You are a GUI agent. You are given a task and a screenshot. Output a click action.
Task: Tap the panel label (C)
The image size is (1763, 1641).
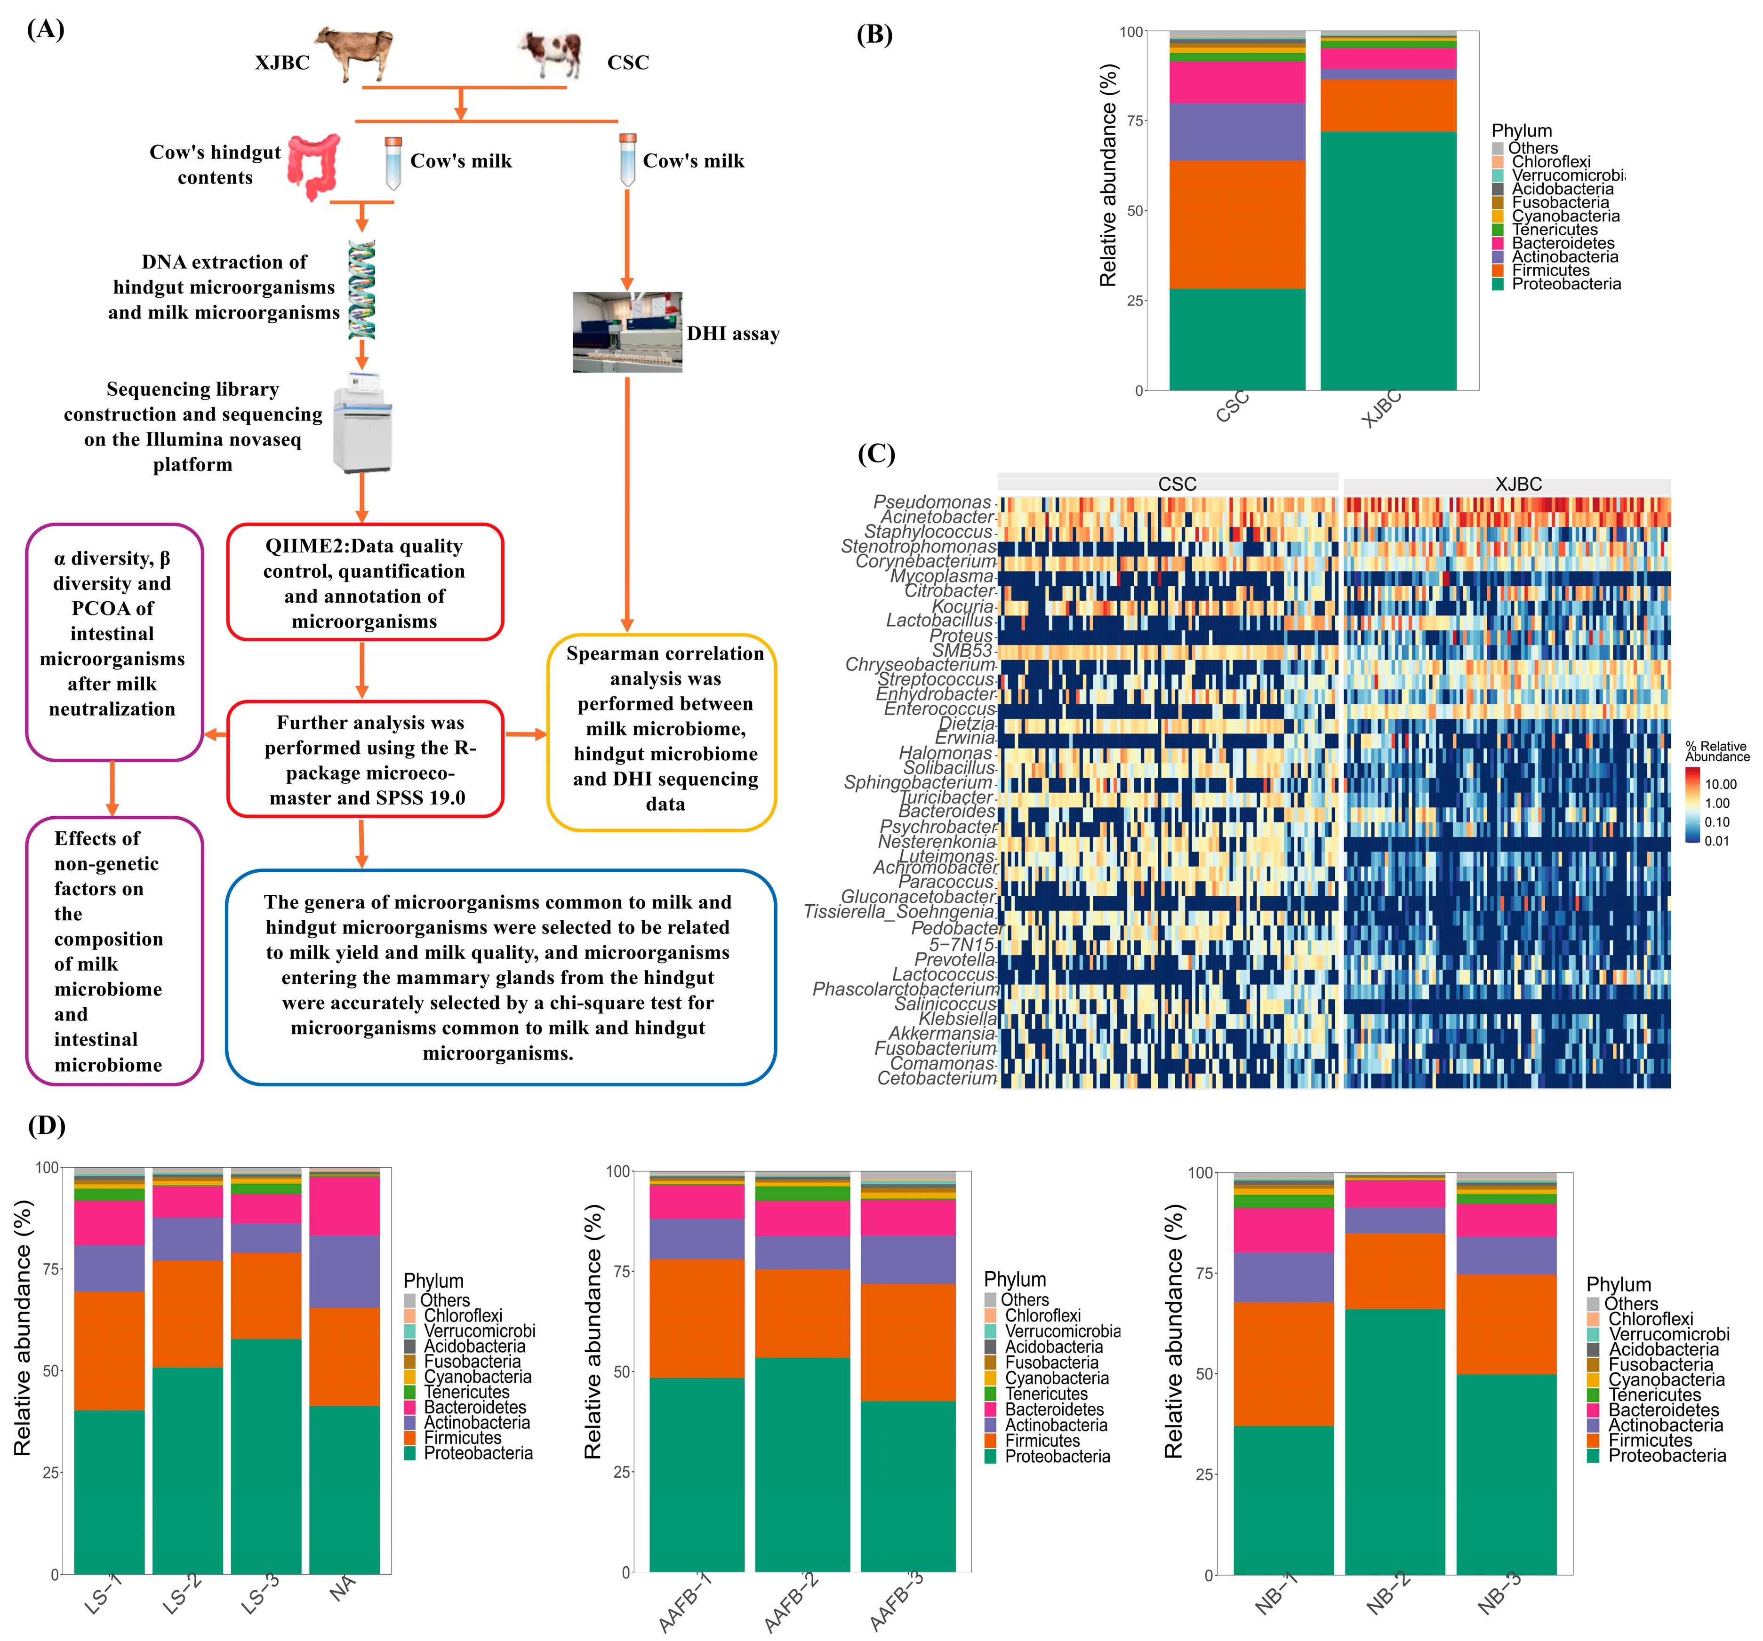tap(876, 454)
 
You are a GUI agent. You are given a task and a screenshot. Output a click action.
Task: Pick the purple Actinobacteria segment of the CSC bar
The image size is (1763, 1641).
tap(1237, 132)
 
